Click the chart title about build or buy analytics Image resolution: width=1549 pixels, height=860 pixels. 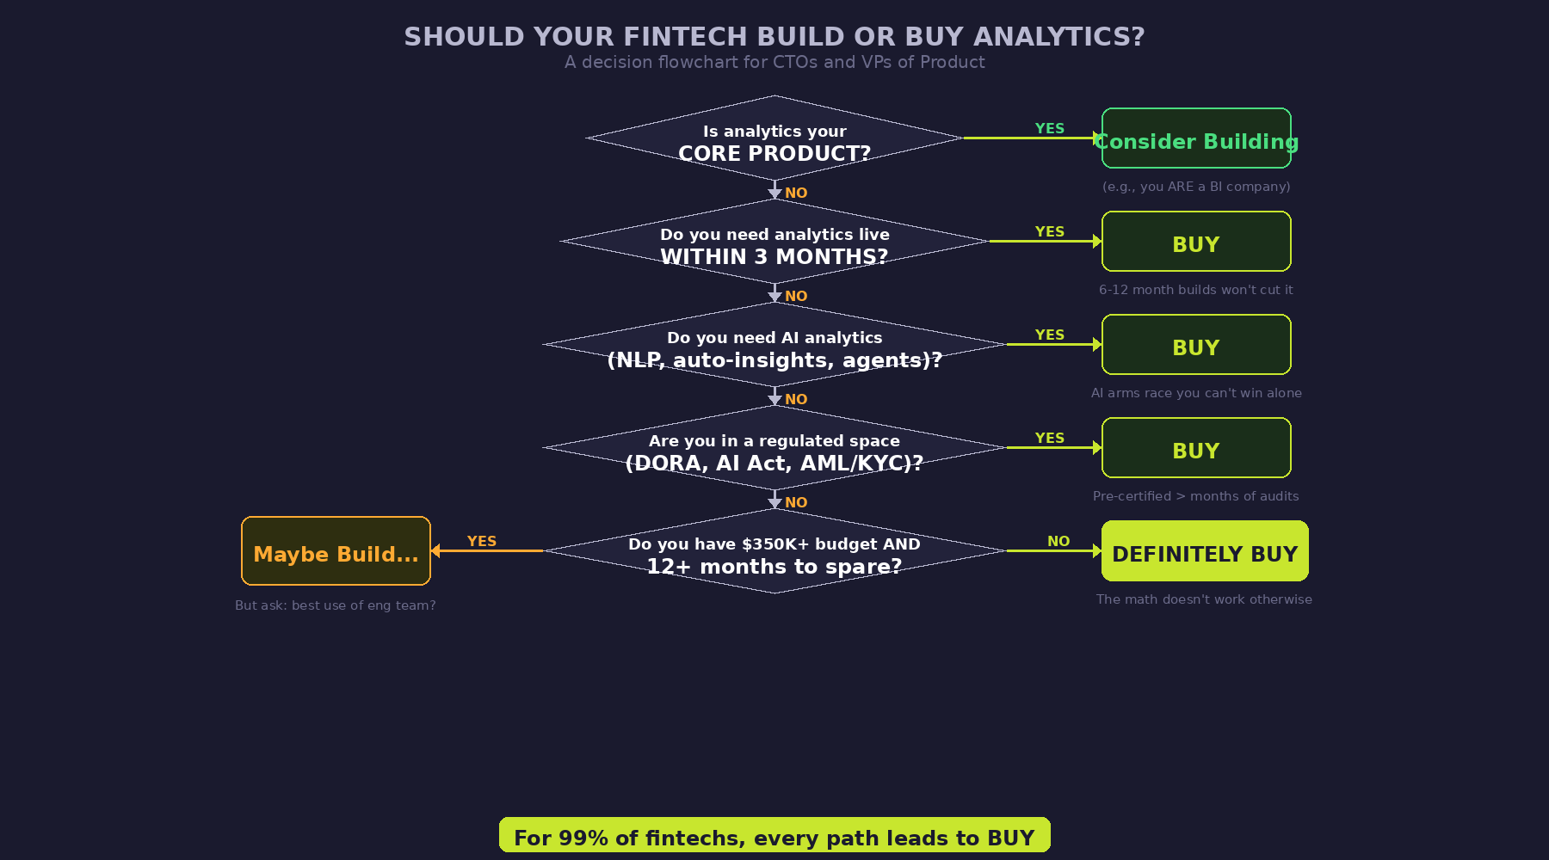coord(774,37)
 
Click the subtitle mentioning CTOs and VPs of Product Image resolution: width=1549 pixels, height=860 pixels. coord(774,63)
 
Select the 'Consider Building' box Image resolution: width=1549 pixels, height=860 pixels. coord(1196,139)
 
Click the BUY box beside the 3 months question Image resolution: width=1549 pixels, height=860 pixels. coord(1196,243)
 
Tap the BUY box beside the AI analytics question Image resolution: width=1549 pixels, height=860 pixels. coord(1196,346)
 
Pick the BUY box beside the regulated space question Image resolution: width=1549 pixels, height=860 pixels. coord(1196,449)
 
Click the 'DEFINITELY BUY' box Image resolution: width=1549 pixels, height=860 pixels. coord(1205,552)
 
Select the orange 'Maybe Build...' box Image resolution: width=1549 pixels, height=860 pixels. coord(336,552)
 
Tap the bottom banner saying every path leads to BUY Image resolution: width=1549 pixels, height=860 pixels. coord(774,836)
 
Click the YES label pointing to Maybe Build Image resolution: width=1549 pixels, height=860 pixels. coord(482,541)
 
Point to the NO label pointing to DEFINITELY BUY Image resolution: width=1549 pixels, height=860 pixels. coord(1058,541)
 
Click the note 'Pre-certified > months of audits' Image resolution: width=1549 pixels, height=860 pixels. coord(1196,496)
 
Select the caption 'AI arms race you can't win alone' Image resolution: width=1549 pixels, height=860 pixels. coord(1196,393)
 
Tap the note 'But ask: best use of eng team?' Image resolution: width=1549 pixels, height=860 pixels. coord(336,605)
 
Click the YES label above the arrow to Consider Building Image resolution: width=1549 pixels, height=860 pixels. coord(1050,128)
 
